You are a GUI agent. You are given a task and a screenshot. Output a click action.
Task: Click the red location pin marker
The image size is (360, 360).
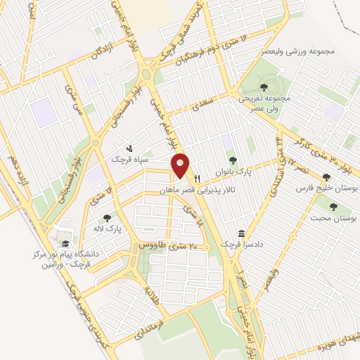coord(181,165)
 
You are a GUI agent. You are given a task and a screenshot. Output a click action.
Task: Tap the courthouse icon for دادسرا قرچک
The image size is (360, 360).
coord(240,233)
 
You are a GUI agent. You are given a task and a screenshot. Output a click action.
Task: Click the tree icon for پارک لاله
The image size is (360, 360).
coord(106,218)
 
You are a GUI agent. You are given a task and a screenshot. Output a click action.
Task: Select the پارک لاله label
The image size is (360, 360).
coord(108,230)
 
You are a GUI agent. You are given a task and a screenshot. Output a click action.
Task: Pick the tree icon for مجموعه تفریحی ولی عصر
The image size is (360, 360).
coord(264,87)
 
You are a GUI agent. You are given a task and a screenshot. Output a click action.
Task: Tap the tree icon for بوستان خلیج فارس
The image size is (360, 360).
coord(326,177)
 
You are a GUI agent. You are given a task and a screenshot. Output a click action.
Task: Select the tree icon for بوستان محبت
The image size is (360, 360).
coord(333,207)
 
